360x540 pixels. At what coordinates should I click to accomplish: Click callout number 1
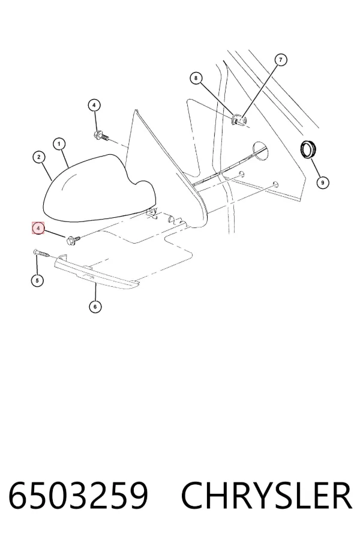(59, 144)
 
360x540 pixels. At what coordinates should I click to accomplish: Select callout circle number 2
(39, 157)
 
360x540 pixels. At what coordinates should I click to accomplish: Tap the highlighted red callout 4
(38, 228)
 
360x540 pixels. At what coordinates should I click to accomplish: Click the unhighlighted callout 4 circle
(94, 105)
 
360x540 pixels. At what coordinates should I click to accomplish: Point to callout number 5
(37, 280)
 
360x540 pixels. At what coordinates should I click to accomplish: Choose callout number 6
(95, 306)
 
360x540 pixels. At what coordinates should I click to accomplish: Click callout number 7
(281, 60)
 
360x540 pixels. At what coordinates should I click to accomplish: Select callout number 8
(196, 78)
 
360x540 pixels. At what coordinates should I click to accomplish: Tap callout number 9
(322, 182)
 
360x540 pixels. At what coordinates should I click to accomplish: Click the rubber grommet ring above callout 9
(308, 149)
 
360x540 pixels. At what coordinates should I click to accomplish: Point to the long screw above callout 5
(43, 253)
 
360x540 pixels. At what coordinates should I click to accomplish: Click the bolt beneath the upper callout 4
(101, 136)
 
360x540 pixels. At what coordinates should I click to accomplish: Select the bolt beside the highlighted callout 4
(74, 239)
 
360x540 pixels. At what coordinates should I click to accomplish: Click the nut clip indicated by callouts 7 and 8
(239, 120)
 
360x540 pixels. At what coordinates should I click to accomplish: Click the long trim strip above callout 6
(97, 272)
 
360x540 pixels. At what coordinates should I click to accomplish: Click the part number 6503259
(78, 496)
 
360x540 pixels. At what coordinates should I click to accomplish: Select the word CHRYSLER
(266, 496)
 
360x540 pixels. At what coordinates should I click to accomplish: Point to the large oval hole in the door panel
(261, 152)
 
